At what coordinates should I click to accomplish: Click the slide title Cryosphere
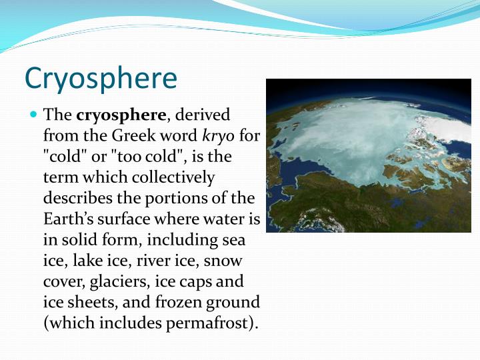click(101, 78)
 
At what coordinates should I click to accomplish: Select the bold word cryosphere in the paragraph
click(121, 115)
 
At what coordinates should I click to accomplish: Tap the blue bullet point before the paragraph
click(34, 114)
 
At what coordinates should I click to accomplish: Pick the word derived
click(202, 115)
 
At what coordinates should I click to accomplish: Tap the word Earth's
click(69, 219)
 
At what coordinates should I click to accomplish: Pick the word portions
click(175, 198)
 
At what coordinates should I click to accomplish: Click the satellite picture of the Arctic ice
click(369, 155)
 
